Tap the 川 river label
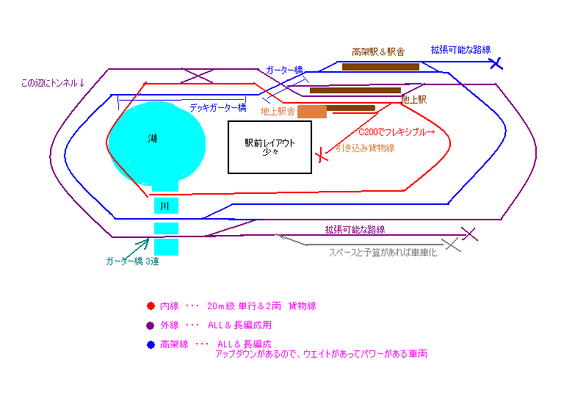coord(164,206)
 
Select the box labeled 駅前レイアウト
coord(269,147)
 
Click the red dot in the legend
coord(151,306)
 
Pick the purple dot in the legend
coord(151,325)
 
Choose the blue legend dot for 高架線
coord(151,345)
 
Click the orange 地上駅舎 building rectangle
coord(312,112)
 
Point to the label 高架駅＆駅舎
coord(378,52)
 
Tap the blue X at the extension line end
coord(496,63)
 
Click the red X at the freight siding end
coord(322,155)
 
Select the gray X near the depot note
coord(452,245)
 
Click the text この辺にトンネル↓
coord(53,83)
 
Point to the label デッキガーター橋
coord(218,108)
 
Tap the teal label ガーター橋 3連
coord(132,261)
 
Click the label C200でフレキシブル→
coord(397,132)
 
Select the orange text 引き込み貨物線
coord(365,148)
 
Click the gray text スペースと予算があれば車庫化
coord(383,253)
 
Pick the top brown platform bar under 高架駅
coord(380,67)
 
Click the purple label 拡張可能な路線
coord(355,230)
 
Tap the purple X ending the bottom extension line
coord(469,234)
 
